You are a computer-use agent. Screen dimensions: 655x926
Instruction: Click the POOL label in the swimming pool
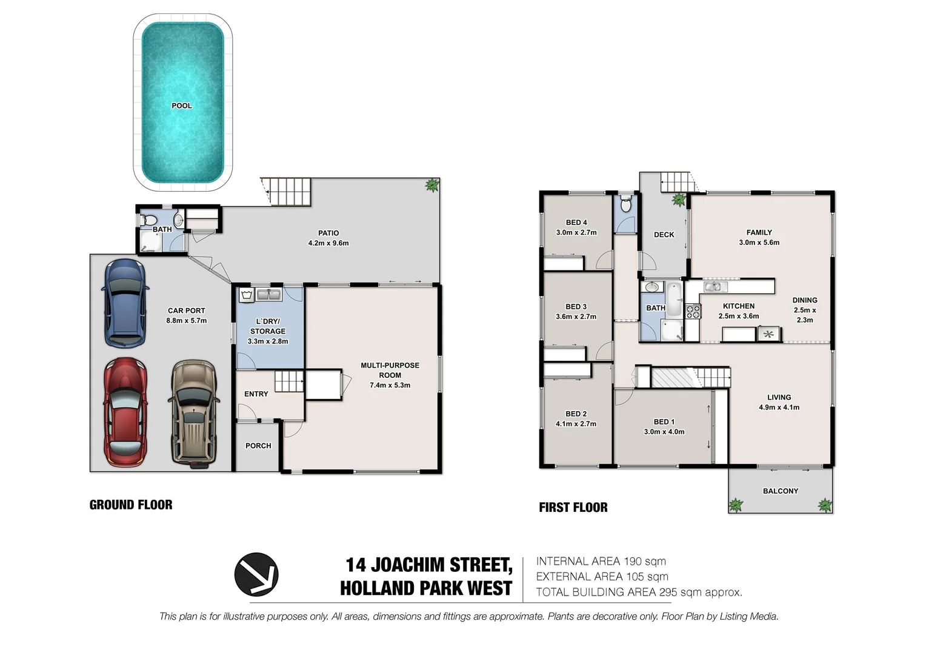click(181, 106)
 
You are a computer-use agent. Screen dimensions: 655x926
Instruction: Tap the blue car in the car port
click(125, 303)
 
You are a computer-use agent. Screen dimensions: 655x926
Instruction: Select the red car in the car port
click(125, 412)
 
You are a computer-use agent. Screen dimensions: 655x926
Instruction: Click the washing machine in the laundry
click(246, 295)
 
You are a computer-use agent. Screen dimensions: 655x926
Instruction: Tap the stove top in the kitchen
click(693, 312)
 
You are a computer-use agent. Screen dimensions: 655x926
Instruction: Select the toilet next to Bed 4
click(626, 204)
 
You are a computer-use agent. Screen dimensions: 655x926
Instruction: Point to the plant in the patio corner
click(432, 185)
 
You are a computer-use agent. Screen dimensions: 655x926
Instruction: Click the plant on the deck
click(679, 200)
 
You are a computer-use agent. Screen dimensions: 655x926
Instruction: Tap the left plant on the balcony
click(736, 505)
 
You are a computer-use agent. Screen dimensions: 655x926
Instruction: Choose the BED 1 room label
click(664, 422)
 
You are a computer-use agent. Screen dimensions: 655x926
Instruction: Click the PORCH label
click(258, 446)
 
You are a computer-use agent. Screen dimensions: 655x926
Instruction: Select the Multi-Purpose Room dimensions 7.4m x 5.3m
click(390, 385)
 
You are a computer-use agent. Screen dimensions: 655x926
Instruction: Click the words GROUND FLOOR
click(131, 505)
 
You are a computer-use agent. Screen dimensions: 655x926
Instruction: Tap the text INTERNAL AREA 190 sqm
click(601, 562)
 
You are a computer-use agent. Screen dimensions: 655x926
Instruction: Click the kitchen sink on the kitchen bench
click(715, 287)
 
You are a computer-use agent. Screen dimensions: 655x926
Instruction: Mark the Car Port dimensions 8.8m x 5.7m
click(186, 320)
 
